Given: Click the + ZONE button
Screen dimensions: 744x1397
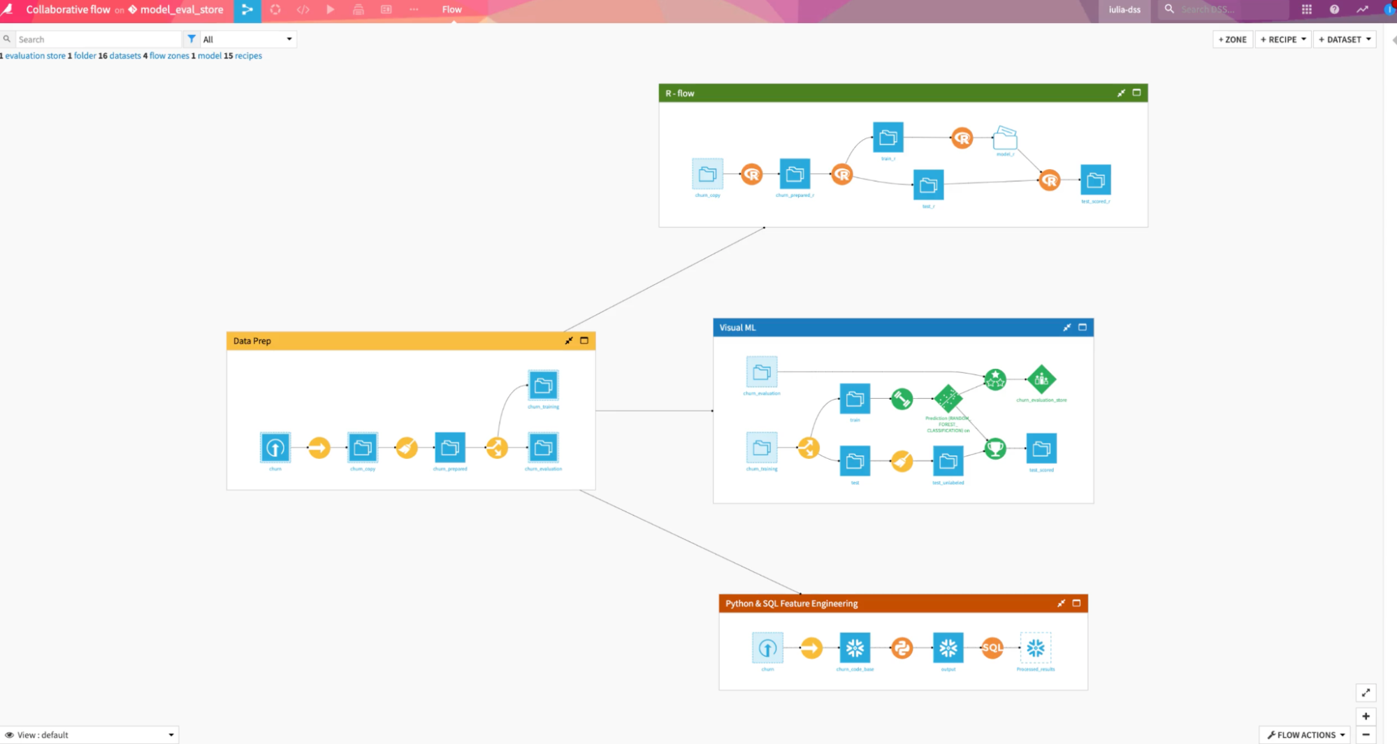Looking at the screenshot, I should coord(1233,40).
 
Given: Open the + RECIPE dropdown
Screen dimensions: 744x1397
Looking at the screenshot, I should coord(1283,40).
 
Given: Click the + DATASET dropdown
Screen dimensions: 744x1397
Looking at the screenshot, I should coord(1345,40).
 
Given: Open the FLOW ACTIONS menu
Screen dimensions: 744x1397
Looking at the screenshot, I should coord(1305,735).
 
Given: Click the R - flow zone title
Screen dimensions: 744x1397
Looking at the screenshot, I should coord(680,94).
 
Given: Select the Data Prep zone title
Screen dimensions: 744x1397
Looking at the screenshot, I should coord(252,341).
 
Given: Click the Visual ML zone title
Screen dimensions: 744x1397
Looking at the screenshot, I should coord(737,328).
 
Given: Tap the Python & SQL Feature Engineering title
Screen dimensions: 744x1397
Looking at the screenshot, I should coord(791,604).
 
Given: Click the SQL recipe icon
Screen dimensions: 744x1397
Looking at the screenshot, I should coord(992,648).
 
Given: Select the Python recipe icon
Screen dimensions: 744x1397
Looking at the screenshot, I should coord(902,648).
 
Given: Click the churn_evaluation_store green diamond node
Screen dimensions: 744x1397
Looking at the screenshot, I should coord(1041,379).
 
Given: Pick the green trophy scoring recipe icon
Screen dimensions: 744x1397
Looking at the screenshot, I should coord(995,448).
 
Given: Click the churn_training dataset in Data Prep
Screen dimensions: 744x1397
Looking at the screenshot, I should coord(543,386).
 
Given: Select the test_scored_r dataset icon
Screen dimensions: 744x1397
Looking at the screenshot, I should coord(1095,180).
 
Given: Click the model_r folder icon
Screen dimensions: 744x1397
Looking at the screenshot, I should coord(1005,138).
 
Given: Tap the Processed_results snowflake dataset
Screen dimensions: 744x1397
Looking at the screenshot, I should coord(1036,648).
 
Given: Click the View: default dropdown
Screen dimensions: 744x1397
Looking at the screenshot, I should coord(89,735).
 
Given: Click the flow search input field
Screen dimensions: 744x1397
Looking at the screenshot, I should coord(98,40).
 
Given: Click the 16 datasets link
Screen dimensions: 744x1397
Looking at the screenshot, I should coord(120,56).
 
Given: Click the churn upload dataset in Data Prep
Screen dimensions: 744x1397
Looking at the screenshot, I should coord(275,448).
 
